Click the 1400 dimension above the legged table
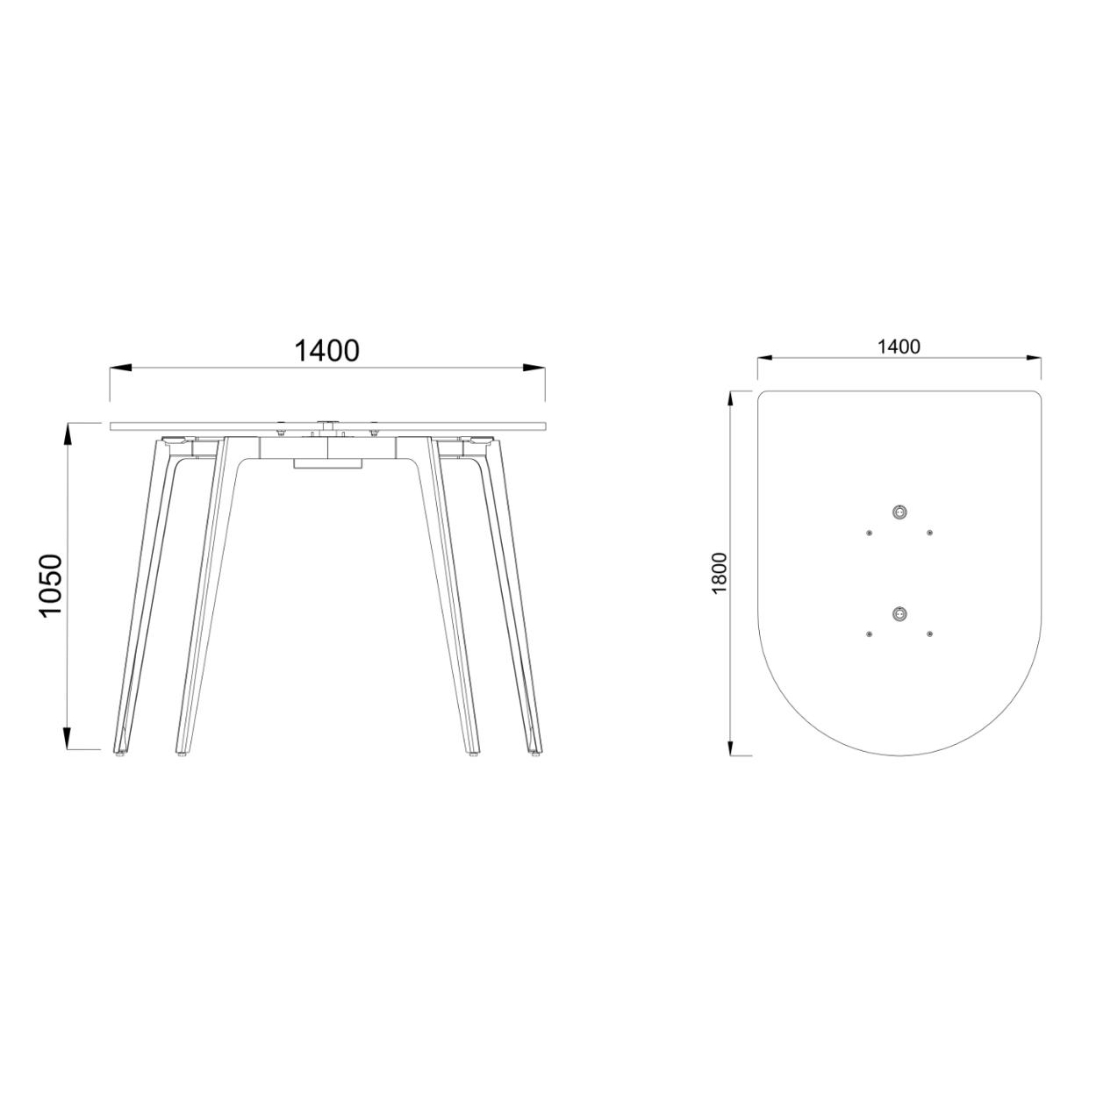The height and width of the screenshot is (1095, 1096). pyautogui.click(x=326, y=351)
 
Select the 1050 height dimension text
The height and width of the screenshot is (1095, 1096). pyautogui.click(x=52, y=585)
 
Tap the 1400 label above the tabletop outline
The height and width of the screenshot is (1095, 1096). pyautogui.click(x=899, y=347)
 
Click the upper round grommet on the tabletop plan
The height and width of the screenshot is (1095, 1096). pyautogui.click(x=898, y=512)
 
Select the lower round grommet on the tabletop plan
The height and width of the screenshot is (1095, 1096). pyautogui.click(x=898, y=613)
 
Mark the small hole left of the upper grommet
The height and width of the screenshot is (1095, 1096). pyautogui.click(x=868, y=532)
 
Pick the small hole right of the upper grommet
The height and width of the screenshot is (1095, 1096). pyautogui.click(x=929, y=532)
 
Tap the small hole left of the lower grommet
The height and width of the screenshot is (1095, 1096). pyautogui.click(x=868, y=633)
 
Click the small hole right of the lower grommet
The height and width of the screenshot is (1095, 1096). pyautogui.click(x=929, y=633)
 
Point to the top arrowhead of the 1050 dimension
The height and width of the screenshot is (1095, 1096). pyautogui.click(x=68, y=433)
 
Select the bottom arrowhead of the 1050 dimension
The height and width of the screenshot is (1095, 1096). pyautogui.click(x=68, y=740)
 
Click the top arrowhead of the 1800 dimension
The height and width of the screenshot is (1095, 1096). pyautogui.click(x=731, y=401)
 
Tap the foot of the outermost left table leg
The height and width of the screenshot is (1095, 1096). pyautogui.click(x=121, y=752)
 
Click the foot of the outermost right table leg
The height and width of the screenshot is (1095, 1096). pyautogui.click(x=535, y=752)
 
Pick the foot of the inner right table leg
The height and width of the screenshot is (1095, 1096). pyautogui.click(x=474, y=752)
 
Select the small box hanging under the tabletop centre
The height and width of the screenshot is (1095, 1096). pyautogui.click(x=327, y=463)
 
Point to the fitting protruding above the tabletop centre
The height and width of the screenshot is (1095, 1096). pyautogui.click(x=327, y=423)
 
